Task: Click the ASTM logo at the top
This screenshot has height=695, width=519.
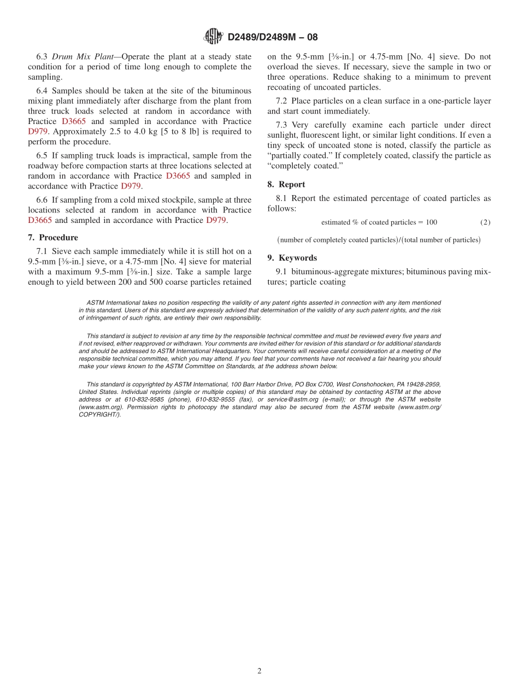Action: pyautogui.click(x=213, y=37)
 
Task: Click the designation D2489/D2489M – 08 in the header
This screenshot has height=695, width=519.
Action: pyautogui.click(x=272, y=37)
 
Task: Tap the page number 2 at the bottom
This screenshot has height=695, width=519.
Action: pyautogui.click(x=259, y=671)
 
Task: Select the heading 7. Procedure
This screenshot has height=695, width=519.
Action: pyautogui.click(x=53, y=238)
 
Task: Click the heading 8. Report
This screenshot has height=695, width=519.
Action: pyautogui.click(x=286, y=185)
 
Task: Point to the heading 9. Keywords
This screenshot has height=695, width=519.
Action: pyautogui.click(x=292, y=258)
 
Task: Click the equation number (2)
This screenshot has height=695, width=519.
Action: pyautogui.click(x=485, y=222)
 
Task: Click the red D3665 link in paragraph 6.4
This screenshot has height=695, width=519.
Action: pyautogui.click(x=73, y=121)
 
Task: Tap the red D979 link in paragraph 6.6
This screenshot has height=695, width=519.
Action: pyautogui.click(x=216, y=220)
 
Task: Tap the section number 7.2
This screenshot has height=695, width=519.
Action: pyautogui.click(x=282, y=101)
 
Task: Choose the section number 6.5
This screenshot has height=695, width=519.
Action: pyautogui.click(x=43, y=156)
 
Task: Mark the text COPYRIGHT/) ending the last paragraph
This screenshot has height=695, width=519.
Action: pyautogui.click(x=99, y=415)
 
